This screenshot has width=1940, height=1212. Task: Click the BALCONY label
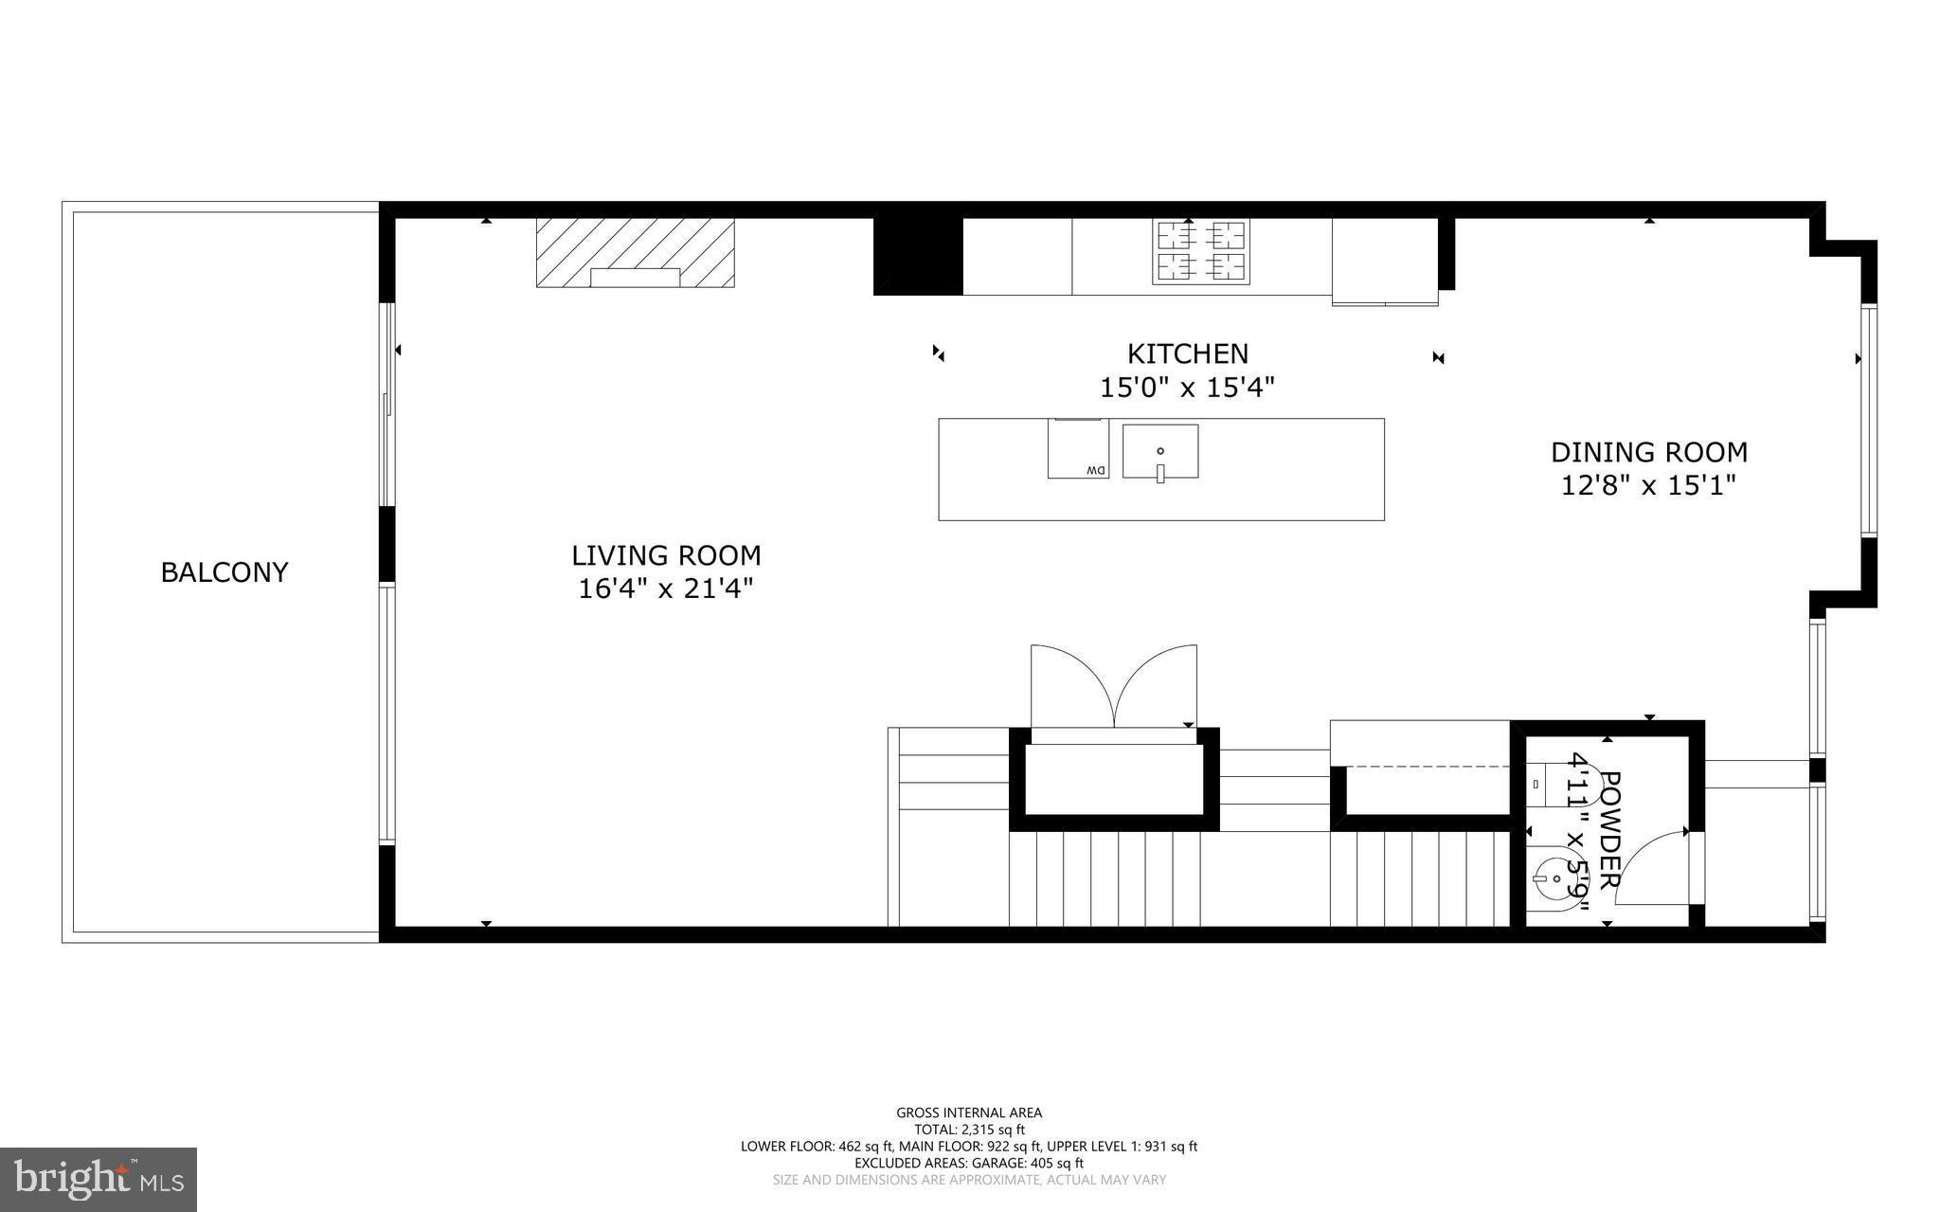pos(225,572)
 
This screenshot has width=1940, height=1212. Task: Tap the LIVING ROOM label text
pos(666,555)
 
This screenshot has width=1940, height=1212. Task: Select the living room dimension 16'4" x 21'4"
pos(666,588)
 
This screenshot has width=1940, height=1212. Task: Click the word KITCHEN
pos(1187,353)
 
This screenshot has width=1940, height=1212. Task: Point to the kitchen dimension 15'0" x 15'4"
pos(1187,388)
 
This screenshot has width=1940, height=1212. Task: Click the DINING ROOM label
pos(1648,452)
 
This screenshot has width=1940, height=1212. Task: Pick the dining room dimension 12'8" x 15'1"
pos(1648,486)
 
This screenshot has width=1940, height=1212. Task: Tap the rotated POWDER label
pos(1608,830)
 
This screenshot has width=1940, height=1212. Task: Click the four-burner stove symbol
pos(1200,251)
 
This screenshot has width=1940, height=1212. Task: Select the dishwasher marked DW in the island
pos(1078,448)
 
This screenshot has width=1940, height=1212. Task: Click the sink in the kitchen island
pos(1160,452)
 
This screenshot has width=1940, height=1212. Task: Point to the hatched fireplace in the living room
pos(635,252)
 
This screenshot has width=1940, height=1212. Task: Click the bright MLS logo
pos(99,1179)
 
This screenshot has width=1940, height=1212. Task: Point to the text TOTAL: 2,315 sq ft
pos(969,1130)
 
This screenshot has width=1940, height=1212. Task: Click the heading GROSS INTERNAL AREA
pos(969,1113)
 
